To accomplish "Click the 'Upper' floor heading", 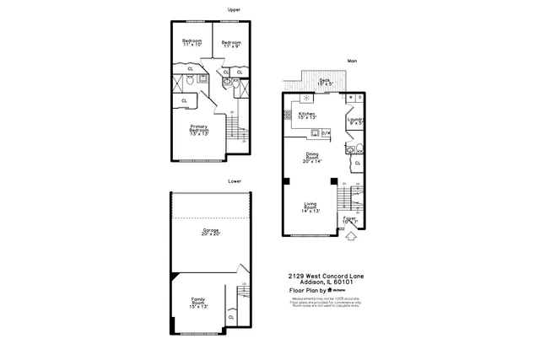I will tap(234, 10).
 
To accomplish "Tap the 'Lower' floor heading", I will tap(234, 180).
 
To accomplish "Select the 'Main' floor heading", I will tap(352, 61).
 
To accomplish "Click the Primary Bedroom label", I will tap(199, 129).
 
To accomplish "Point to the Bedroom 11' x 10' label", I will tap(192, 42).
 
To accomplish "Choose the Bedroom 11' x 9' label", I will tap(231, 43).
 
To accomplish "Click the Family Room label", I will tap(198, 301).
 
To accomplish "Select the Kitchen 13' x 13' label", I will tap(306, 116).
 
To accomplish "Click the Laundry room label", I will tap(355, 121).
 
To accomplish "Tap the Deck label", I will tap(325, 83).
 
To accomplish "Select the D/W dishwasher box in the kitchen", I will tap(326, 132).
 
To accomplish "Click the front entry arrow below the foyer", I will tap(350, 238).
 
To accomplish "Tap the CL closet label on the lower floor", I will tap(230, 317).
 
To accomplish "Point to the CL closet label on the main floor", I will tap(358, 163).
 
